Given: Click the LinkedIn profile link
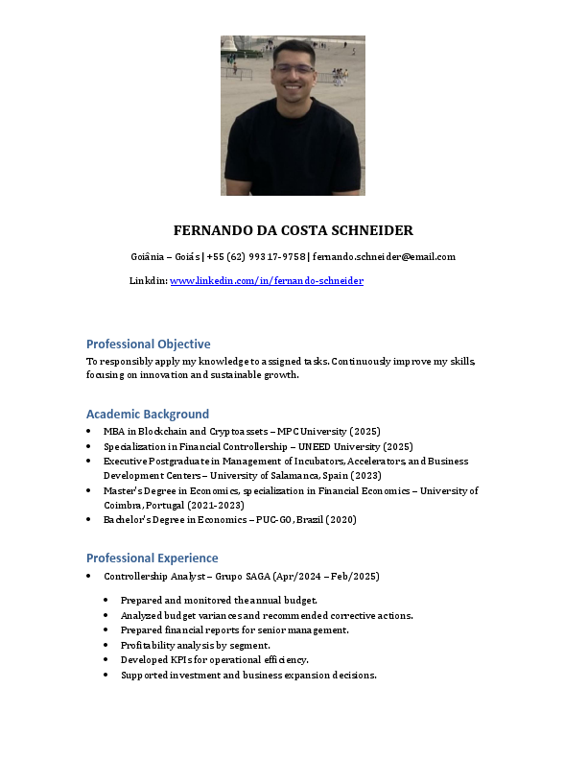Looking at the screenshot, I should click(x=267, y=280).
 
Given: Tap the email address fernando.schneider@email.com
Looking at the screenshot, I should click(x=384, y=256).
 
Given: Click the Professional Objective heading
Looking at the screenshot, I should click(x=148, y=344).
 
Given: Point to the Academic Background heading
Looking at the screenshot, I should click(x=147, y=414).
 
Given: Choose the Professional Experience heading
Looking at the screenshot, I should click(x=152, y=558).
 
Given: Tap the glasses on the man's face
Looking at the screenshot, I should click(x=293, y=70).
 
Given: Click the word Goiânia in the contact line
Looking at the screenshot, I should click(x=151, y=256).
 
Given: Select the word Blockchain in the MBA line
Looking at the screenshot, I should click(x=158, y=432).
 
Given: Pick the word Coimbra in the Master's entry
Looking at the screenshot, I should click(x=122, y=505).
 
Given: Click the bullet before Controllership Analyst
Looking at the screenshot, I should click(x=89, y=577).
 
